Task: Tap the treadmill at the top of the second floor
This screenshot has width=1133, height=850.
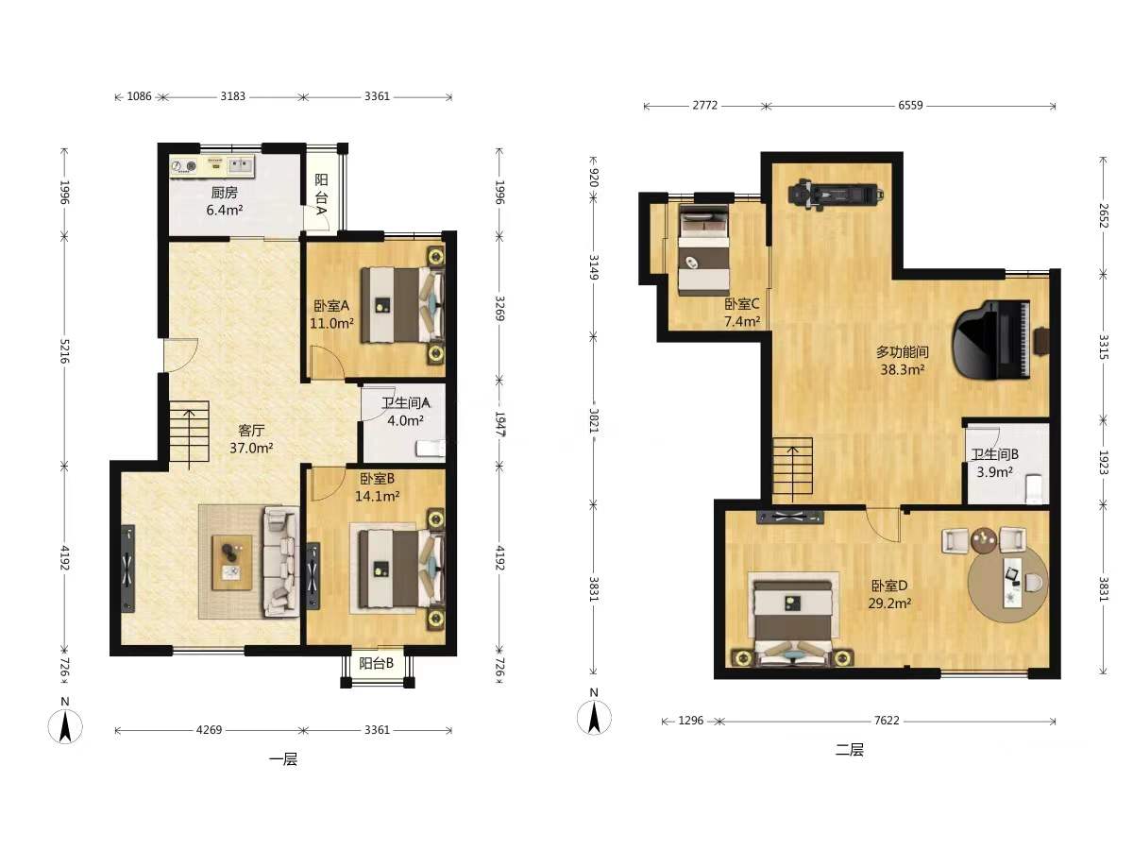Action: click(836, 195)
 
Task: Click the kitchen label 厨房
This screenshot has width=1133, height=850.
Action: click(225, 193)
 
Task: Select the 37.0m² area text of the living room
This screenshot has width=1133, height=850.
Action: click(251, 448)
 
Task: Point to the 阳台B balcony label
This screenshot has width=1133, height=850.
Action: click(377, 663)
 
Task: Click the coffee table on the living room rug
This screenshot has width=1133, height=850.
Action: click(232, 563)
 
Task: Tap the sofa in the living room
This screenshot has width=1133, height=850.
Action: click(281, 562)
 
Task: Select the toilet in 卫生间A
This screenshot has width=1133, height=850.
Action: click(431, 448)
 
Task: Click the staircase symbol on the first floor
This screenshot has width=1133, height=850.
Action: click(190, 435)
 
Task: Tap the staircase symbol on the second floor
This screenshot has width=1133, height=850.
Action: click(792, 469)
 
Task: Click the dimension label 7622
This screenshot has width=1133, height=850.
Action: click(887, 721)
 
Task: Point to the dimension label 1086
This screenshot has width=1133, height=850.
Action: click(140, 96)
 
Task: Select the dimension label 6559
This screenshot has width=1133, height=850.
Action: click(910, 105)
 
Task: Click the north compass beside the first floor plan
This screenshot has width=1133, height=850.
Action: click(65, 726)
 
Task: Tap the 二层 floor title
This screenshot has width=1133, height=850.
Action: click(849, 749)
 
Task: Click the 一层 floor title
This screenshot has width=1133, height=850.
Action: click(283, 759)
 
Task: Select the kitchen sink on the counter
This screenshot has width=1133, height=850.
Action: click(240, 165)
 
